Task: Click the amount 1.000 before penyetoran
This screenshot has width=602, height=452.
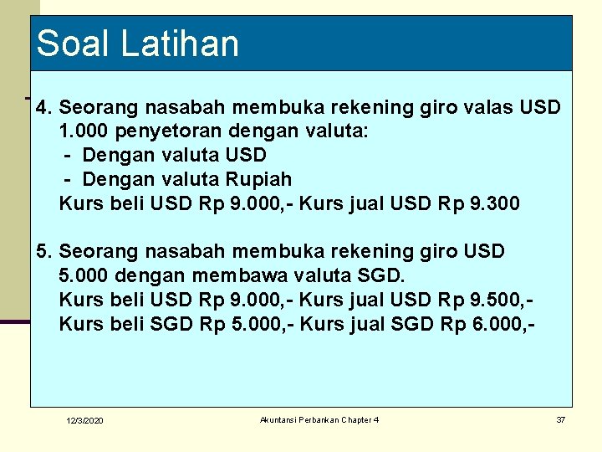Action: coord(84,131)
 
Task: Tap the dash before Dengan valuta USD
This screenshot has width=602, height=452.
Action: coord(69,156)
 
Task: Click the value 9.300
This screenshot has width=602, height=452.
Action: coord(492,203)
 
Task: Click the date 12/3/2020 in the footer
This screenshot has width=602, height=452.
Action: coord(85,420)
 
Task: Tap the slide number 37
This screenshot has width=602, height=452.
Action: coord(560,419)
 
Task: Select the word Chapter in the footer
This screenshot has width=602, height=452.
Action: coord(357,419)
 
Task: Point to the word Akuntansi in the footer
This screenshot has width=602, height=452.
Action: coord(279,419)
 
